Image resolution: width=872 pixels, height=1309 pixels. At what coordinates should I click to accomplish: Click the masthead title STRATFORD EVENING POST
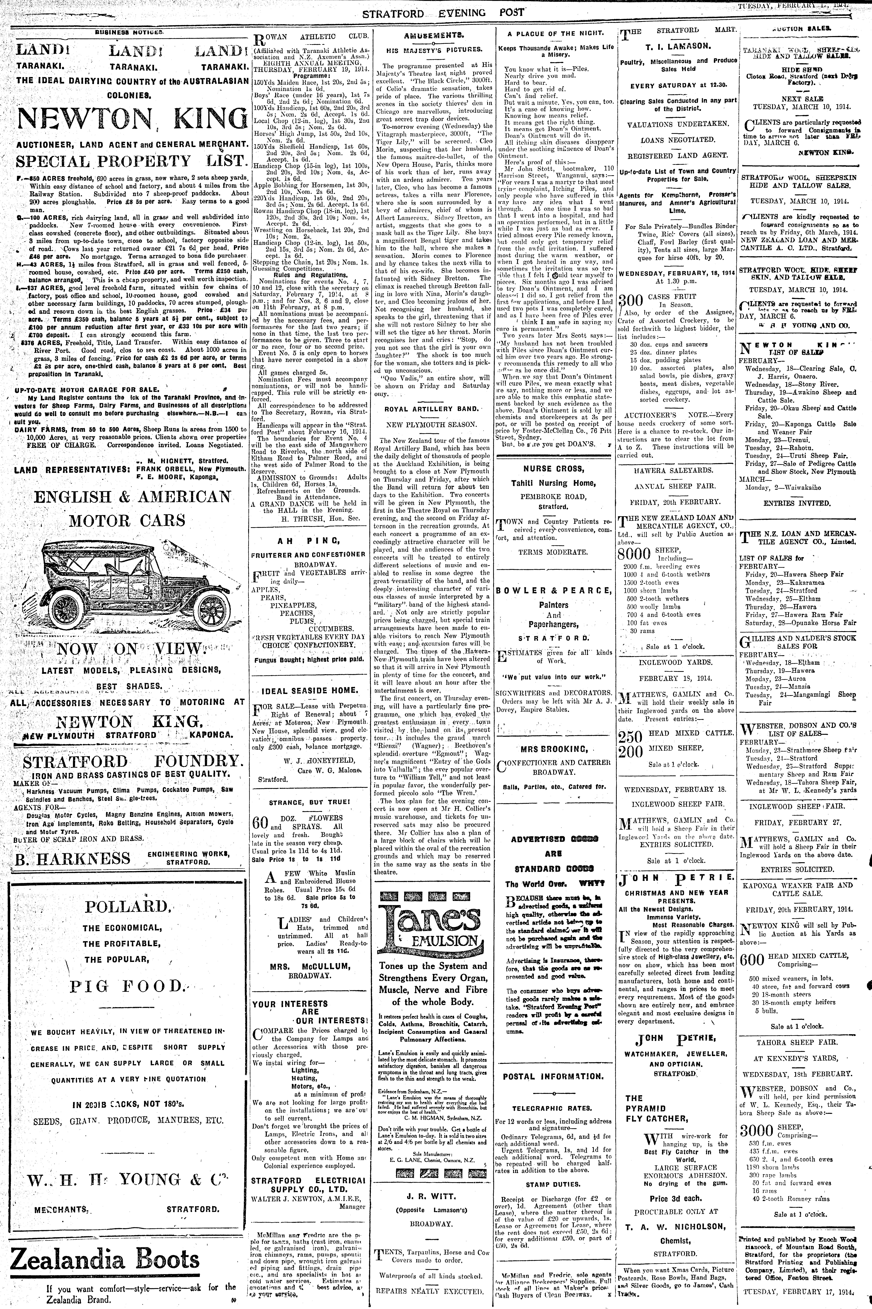point(443,12)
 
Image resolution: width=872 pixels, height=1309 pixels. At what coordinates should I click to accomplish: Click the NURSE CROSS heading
point(549,469)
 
